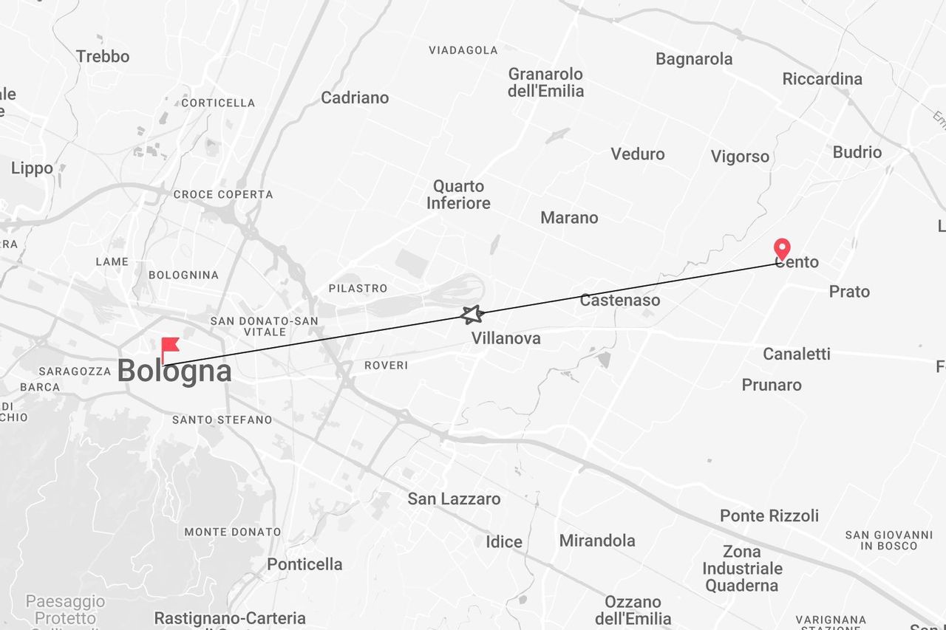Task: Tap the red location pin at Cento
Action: tap(781, 248)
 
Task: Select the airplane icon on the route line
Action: tap(472, 315)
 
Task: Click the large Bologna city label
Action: tap(174, 371)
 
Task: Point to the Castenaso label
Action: tap(619, 300)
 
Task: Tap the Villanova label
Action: tap(506, 338)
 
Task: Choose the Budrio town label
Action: tap(857, 152)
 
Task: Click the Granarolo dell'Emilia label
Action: tap(545, 83)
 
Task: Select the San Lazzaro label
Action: tap(454, 499)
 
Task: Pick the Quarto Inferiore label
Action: tap(458, 194)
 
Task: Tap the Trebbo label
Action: tap(102, 56)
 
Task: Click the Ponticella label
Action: tap(304, 564)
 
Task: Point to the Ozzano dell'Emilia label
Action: tap(633, 610)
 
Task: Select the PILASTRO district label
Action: tap(358, 288)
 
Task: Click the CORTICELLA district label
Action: tap(218, 103)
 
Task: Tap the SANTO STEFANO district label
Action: tap(222, 420)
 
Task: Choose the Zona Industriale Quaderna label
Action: tap(741, 569)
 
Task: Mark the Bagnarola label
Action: tap(694, 59)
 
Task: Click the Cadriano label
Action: tap(354, 97)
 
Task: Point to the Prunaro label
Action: tap(771, 385)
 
